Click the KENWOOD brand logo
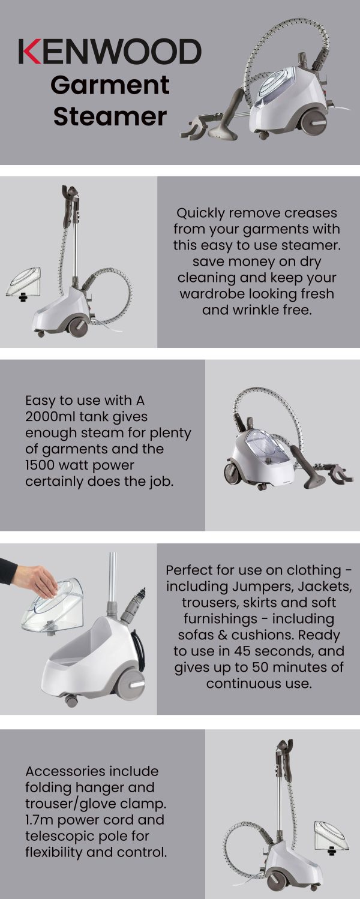point(110,52)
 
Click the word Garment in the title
point(110,85)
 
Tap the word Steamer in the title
point(110,116)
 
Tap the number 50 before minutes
point(256,667)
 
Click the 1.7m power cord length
point(41,819)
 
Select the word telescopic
point(63,835)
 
